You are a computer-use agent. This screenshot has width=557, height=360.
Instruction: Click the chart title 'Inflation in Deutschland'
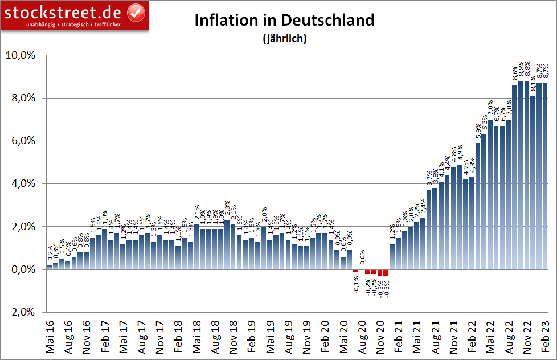(285, 20)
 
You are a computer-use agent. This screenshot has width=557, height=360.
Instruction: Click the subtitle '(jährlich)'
(285, 39)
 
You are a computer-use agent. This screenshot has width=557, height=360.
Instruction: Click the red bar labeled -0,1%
(355, 271)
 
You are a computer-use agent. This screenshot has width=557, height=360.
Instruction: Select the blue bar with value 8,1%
(533, 182)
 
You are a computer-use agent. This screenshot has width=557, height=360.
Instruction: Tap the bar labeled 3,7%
(429, 228)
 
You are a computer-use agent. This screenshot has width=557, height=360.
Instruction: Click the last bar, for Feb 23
(546, 177)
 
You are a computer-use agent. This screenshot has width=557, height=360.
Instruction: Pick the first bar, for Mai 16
(50, 267)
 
